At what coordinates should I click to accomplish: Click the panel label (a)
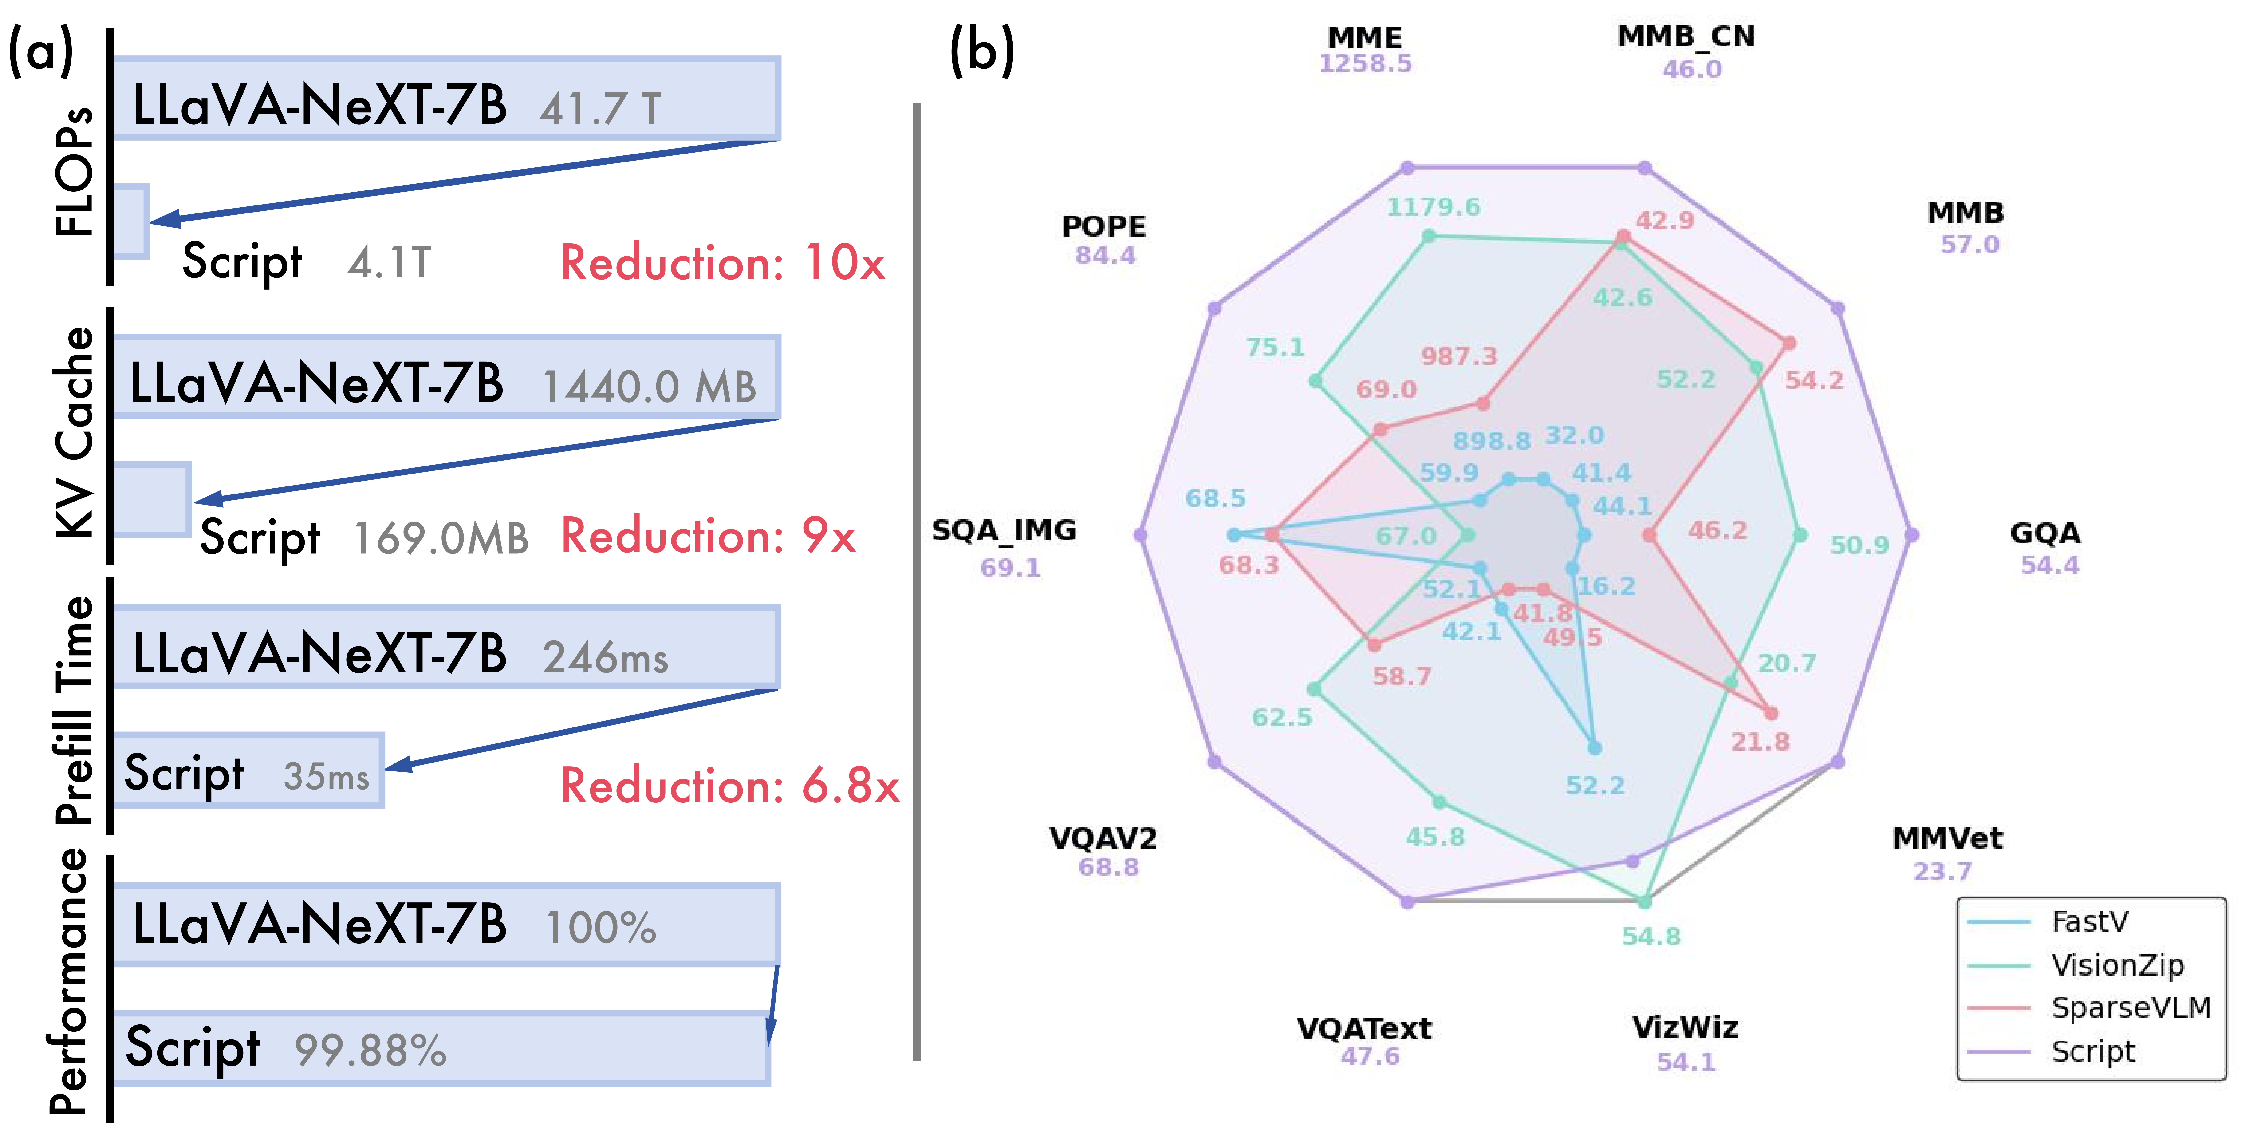pos(41,51)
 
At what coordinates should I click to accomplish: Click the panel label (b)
pos(982,51)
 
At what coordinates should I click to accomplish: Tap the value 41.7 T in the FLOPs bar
pos(600,109)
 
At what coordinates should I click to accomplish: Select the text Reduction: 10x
pos(722,262)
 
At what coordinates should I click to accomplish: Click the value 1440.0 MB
pos(649,386)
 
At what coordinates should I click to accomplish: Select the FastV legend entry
pos(2089,922)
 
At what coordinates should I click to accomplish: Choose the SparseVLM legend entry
pos(2130,1008)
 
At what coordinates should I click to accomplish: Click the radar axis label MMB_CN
pos(1686,36)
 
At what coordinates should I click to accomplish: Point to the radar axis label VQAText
pos(1364,1028)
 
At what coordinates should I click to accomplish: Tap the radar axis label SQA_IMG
pos(1004,530)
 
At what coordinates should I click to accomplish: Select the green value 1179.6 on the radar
pos(1433,207)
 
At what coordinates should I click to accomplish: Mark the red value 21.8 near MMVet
pos(1760,742)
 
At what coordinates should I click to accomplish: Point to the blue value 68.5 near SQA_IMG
pos(1216,499)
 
